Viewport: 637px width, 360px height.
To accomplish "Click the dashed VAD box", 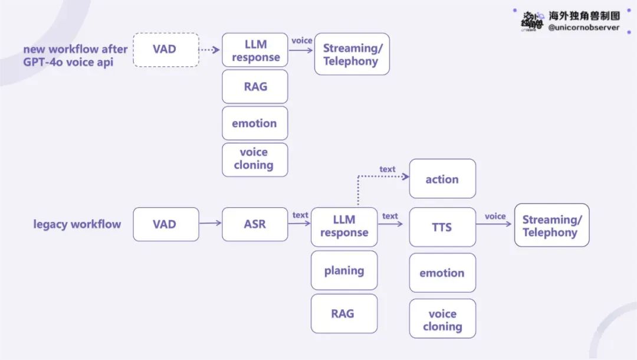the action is pyautogui.click(x=166, y=50).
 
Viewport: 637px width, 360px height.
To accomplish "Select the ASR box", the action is pyautogui.click(x=255, y=224).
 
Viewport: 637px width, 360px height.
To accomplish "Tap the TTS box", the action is pyautogui.click(x=442, y=227).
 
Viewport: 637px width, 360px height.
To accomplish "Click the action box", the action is pyautogui.click(x=442, y=179).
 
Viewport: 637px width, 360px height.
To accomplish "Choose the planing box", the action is pyautogui.click(x=344, y=270).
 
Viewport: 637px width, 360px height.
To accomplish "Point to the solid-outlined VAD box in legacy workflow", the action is pyautogui.click(x=166, y=224).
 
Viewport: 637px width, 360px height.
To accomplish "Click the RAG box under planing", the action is pyautogui.click(x=344, y=314).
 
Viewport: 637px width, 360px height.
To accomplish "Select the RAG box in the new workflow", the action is pyautogui.click(x=255, y=87).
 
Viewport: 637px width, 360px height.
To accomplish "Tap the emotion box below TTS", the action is pyautogui.click(x=442, y=273).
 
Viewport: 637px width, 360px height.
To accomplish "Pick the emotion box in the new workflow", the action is pyautogui.click(x=255, y=123).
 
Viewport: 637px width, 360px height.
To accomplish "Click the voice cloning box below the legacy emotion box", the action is pyautogui.click(x=442, y=319).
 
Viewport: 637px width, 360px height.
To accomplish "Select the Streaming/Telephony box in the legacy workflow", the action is pyautogui.click(x=551, y=225).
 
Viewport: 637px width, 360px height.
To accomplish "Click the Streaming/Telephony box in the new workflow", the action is pyautogui.click(x=352, y=54).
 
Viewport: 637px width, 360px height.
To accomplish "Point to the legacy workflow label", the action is pyautogui.click(x=77, y=224).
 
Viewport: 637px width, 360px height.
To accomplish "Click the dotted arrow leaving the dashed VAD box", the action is pyautogui.click(x=209, y=50).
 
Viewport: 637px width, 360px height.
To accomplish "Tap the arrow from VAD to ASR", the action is pyautogui.click(x=211, y=222).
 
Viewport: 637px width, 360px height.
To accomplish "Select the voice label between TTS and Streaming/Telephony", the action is pyautogui.click(x=495, y=216).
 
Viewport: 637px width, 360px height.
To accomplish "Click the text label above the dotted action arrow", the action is pyautogui.click(x=387, y=169).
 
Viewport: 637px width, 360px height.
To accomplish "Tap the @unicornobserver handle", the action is pyautogui.click(x=584, y=28).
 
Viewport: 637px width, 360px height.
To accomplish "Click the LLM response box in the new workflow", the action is pyautogui.click(x=255, y=50).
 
